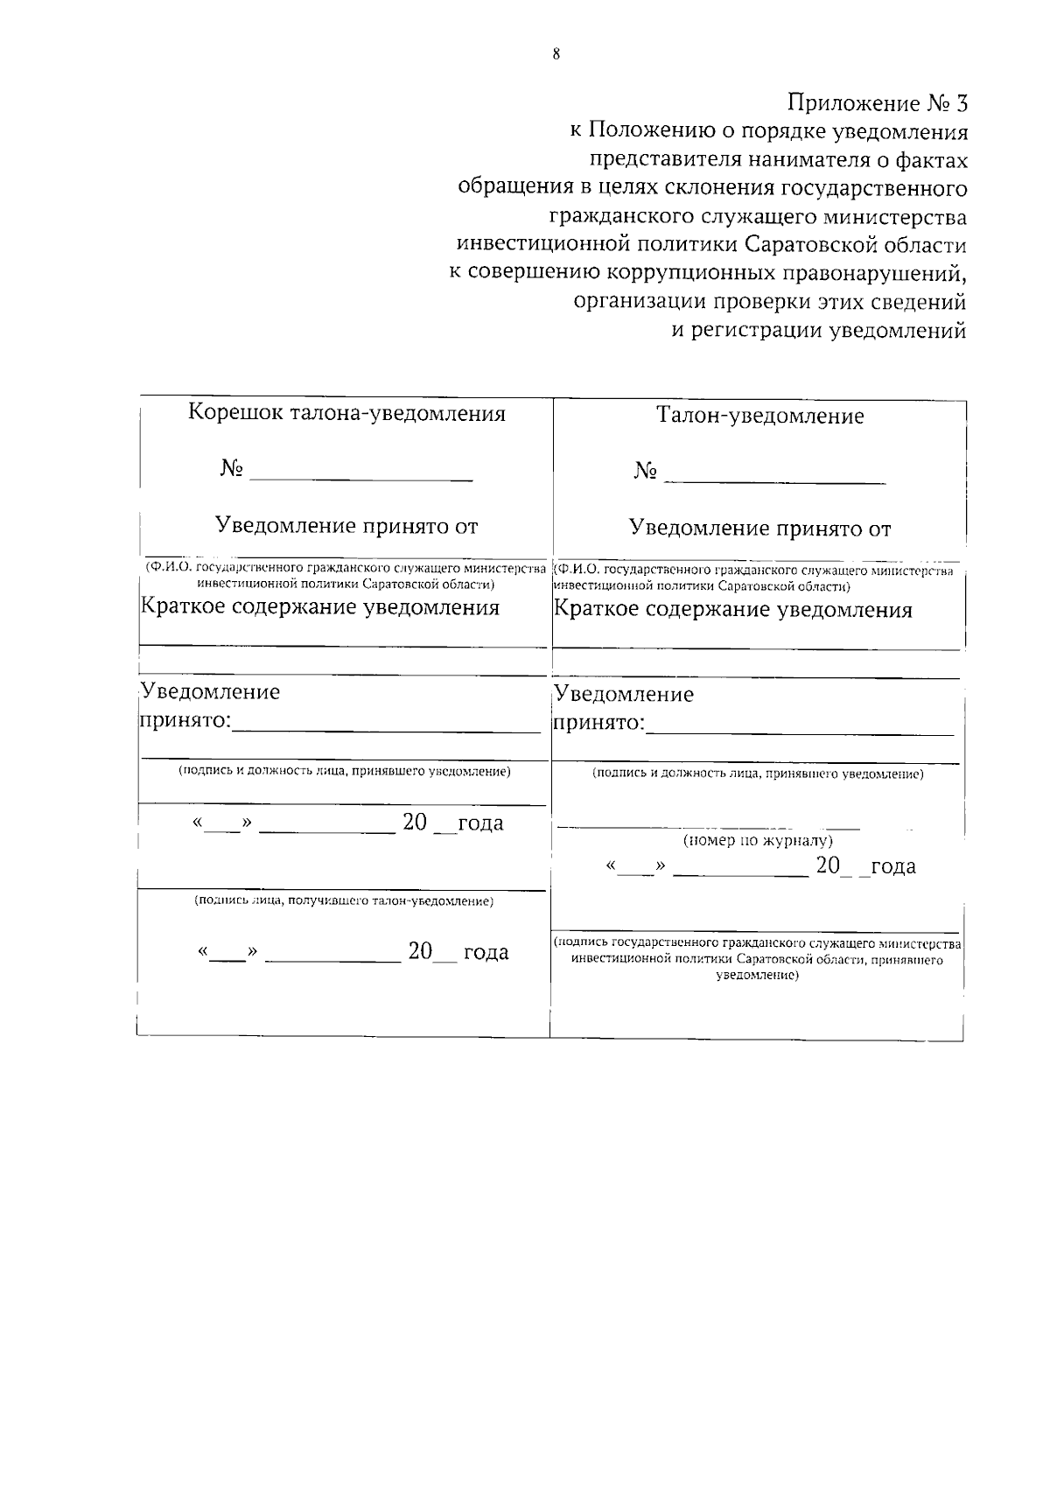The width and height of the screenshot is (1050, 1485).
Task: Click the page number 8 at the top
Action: coord(556,53)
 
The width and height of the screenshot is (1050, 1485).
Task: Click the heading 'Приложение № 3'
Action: coord(878,103)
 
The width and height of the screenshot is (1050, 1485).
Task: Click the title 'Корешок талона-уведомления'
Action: coord(346,414)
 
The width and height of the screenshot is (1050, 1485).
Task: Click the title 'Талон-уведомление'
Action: coord(759,417)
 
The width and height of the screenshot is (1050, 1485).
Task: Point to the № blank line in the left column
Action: coord(360,478)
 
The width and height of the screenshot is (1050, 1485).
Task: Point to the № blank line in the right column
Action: coord(774,480)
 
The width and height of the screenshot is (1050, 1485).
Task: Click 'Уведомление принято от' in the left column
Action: coord(346,527)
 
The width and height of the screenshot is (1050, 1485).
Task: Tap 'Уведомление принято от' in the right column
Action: coord(759,529)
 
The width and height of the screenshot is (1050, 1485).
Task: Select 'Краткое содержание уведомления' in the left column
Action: coord(320,607)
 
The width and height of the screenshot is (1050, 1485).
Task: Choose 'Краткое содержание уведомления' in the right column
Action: coord(733,610)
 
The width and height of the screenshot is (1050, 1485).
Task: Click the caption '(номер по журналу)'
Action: coord(758,841)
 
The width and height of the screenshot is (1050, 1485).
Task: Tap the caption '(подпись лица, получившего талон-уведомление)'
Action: coord(344,901)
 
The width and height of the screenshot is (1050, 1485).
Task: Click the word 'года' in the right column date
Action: coord(892,867)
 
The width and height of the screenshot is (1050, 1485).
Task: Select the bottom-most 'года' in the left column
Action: coord(486,953)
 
